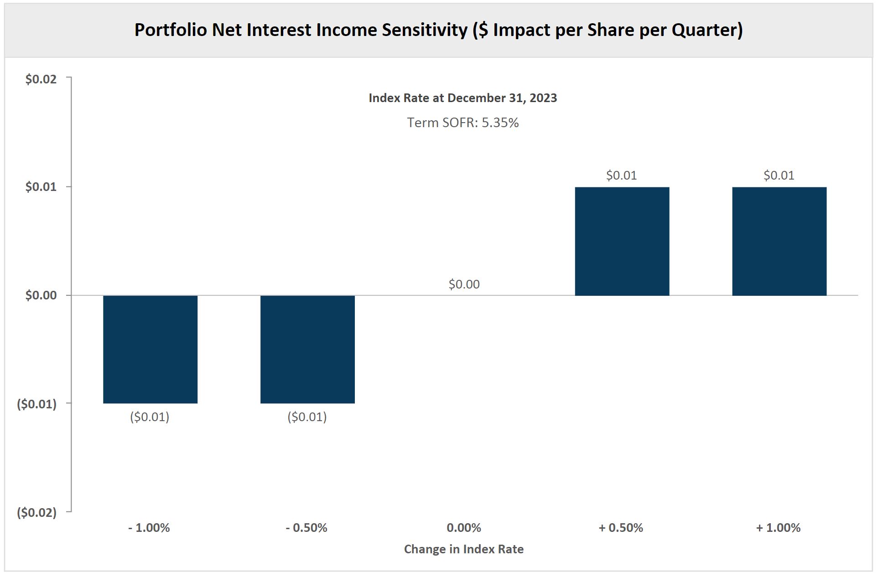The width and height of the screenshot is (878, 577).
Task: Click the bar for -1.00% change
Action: click(150, 349)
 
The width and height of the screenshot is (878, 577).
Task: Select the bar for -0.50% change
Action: click(307, 349)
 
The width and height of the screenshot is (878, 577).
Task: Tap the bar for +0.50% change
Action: click(622, 241)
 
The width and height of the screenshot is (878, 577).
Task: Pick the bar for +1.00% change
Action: click(779, 241)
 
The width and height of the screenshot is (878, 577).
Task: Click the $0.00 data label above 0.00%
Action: click(464, 284)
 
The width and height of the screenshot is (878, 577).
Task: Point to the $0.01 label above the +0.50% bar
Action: click(621, 175)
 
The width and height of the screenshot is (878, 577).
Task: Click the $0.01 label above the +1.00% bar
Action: click(779, 175)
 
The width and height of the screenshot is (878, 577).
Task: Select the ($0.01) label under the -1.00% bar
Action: click(150, 417)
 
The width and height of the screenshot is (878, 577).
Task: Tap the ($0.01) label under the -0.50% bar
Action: click(307, 417)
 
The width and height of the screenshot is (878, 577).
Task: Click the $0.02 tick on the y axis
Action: click(41, 79)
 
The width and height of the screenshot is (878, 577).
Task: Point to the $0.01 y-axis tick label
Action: click(41, 187)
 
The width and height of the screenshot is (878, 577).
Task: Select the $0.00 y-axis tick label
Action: click(41, 295)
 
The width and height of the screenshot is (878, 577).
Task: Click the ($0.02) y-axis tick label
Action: click(37, 513)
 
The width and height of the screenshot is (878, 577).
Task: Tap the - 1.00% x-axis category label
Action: click(149, 528)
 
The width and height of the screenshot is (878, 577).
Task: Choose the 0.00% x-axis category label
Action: click(464, 528)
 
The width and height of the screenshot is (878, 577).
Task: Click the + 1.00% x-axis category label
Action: click(778, 528)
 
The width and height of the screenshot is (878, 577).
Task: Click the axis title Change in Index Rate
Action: click(463, 549)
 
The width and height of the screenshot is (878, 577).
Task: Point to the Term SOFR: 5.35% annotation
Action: click(463, 123)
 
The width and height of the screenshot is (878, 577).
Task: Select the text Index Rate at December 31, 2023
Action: click(462, 98)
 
